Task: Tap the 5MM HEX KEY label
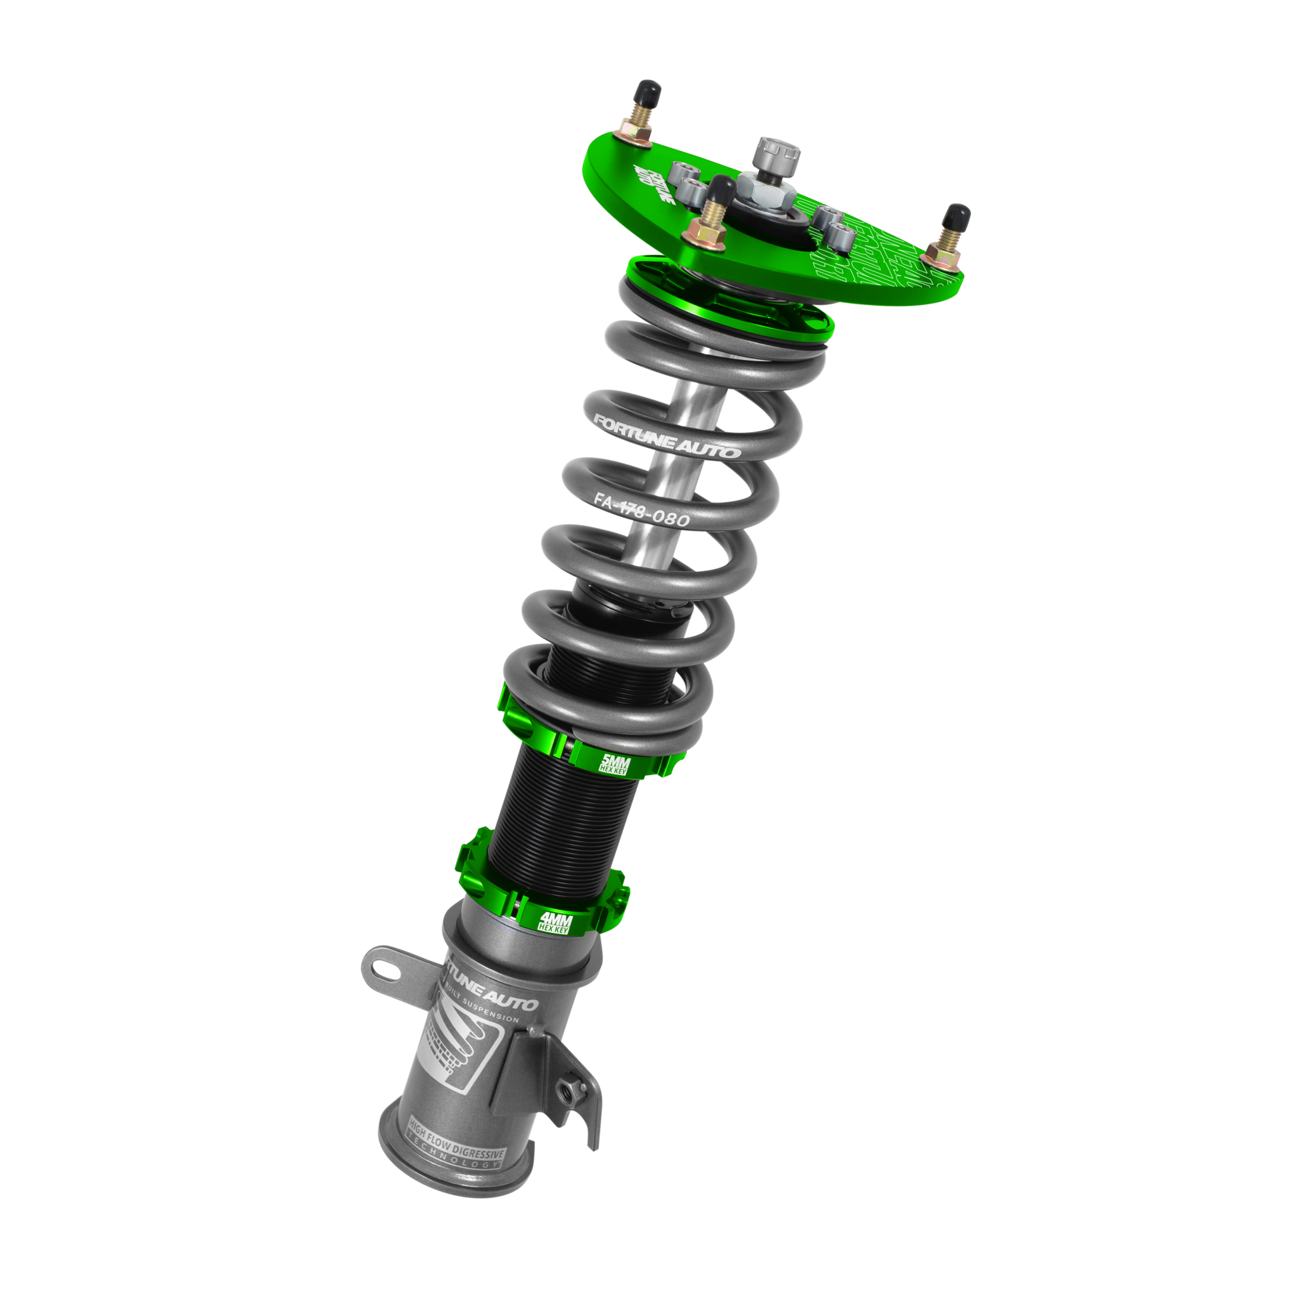click(x=613, y=765)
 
